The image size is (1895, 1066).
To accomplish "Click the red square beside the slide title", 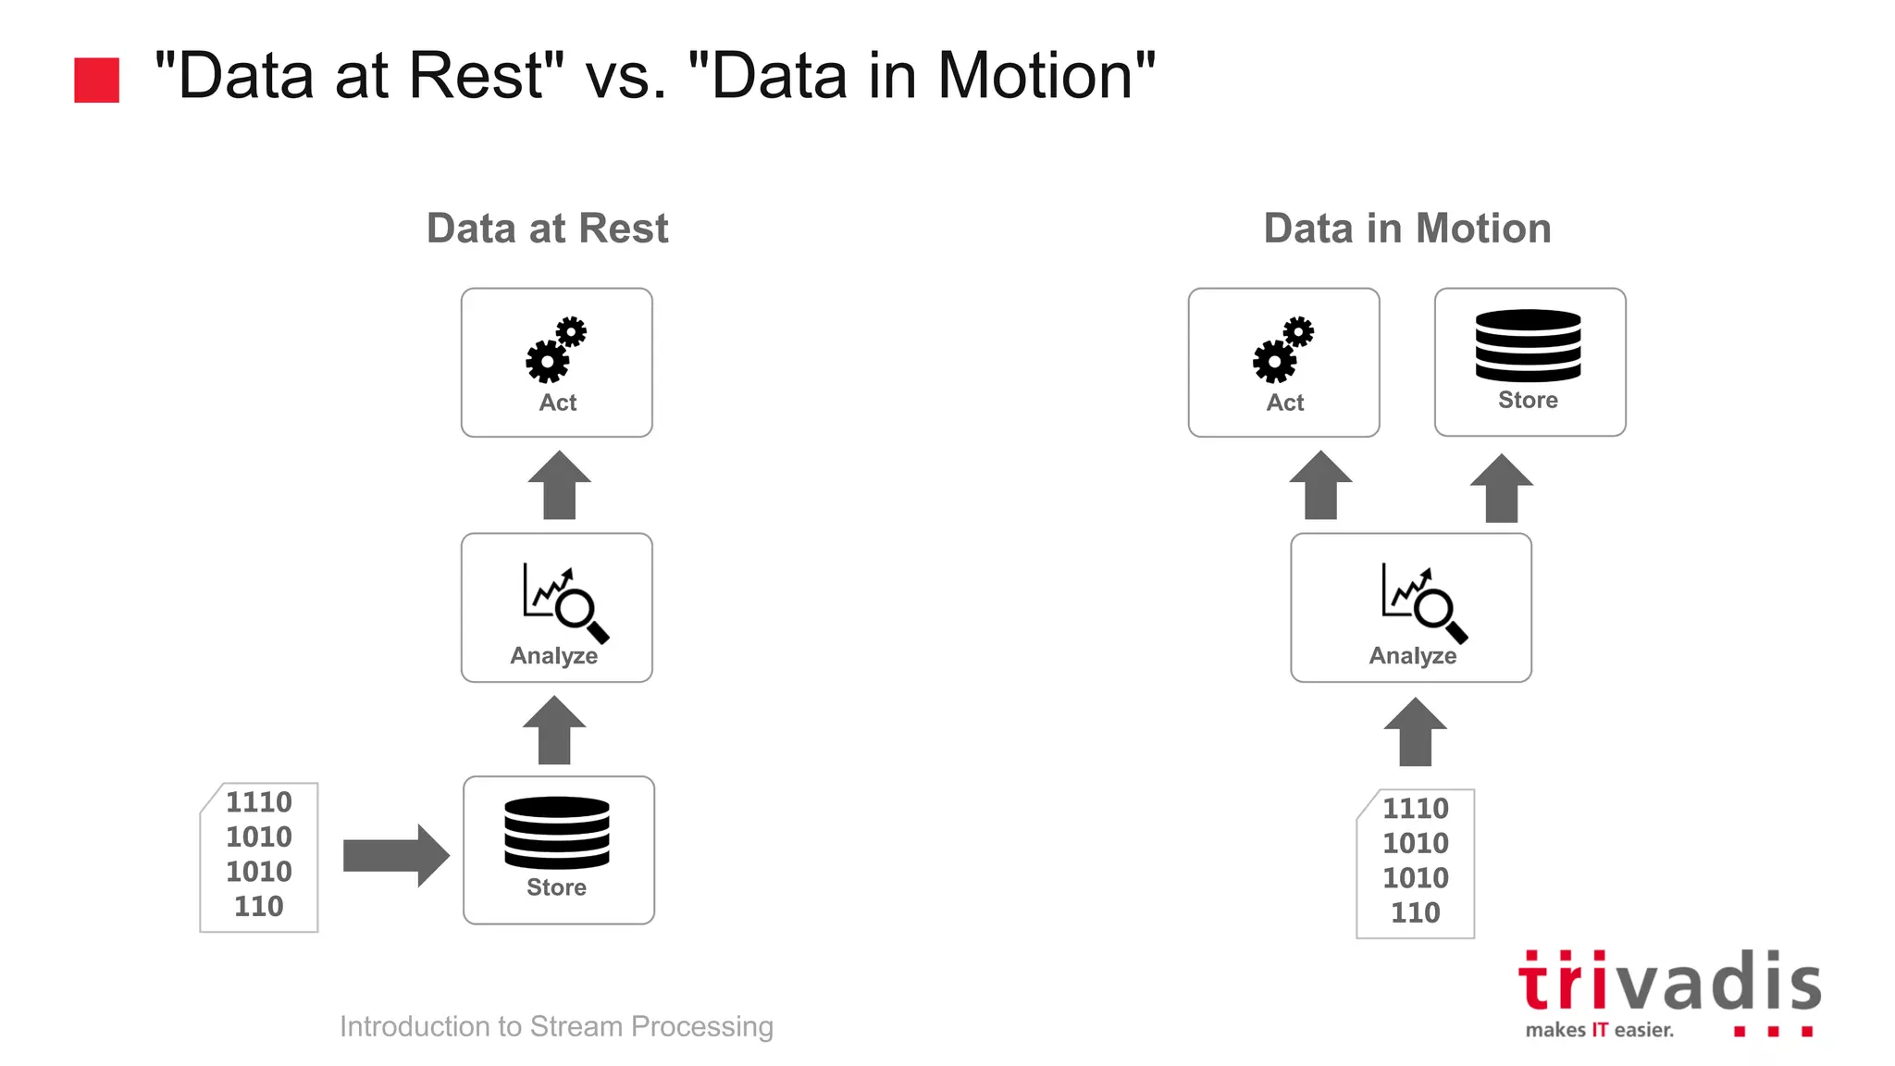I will point(96,80).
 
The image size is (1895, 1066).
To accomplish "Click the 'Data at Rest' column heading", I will point(547,229).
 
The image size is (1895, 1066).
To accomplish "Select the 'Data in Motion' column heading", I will point(1406,229).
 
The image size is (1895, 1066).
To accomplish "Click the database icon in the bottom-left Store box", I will point(557,832).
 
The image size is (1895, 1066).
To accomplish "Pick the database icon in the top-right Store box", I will point(1528,345).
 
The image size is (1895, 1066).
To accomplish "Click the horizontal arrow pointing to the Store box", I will point(396,855).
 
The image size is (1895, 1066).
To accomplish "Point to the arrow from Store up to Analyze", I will point(554,730).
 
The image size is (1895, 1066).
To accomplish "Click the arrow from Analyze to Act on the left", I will point(559,485).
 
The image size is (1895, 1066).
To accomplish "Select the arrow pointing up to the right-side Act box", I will point(1320,485).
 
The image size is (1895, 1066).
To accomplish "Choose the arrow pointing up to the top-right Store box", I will point(1501,488).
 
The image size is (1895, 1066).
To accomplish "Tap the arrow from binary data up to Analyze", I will point(1415,732).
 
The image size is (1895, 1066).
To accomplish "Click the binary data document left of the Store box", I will point(259,857).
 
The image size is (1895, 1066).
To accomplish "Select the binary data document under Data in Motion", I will point(1415,862).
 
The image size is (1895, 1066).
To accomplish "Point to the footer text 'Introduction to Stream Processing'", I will point(556,1026).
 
